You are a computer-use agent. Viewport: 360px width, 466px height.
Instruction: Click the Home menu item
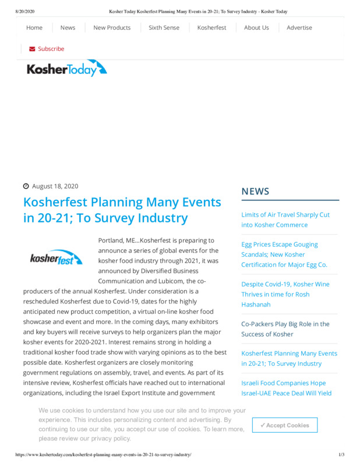pos(34,27)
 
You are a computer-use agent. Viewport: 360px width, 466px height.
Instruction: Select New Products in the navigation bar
pos(112,27)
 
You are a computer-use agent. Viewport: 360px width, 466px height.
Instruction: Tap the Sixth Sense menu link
pos(164,27)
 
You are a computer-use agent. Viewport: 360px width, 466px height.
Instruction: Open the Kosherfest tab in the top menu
pos(211,27)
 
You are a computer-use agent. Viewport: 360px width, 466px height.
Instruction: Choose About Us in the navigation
pos(256,27)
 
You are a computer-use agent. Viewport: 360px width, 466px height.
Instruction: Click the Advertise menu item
pos(299,27)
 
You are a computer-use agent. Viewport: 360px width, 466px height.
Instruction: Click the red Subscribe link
pos(51,49)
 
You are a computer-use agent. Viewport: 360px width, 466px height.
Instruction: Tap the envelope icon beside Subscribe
pos(32,49)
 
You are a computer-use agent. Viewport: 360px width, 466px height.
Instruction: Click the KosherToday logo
pos(66,69)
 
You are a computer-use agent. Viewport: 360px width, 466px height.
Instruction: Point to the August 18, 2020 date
pos(55,186)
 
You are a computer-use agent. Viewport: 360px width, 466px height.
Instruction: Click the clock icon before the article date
pos(26,186)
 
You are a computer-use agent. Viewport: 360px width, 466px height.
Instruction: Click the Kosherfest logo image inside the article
pos(57,257)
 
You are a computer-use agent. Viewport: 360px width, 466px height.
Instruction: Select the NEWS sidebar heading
pos(255,192)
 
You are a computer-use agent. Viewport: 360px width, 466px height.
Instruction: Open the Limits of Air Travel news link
pos(285,220)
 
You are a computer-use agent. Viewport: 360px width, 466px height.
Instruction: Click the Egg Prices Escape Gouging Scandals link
pos(284,255)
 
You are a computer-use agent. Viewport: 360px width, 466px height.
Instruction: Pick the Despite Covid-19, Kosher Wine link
pos(285,294)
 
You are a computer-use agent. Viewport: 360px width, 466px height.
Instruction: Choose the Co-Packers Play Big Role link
pos(285,329)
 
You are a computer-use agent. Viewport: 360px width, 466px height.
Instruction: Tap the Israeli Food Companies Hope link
pos(286,388)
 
